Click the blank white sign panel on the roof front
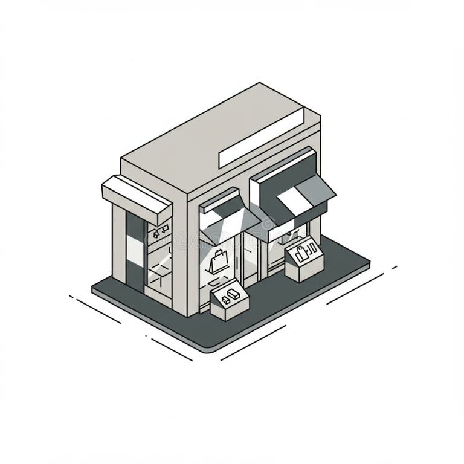[x=261, y=138]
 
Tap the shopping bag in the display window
[x=217, y=261]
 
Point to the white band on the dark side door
[x=135, y=247]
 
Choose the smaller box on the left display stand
[x=225, y=299]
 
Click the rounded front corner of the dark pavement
[x=208, y=344]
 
